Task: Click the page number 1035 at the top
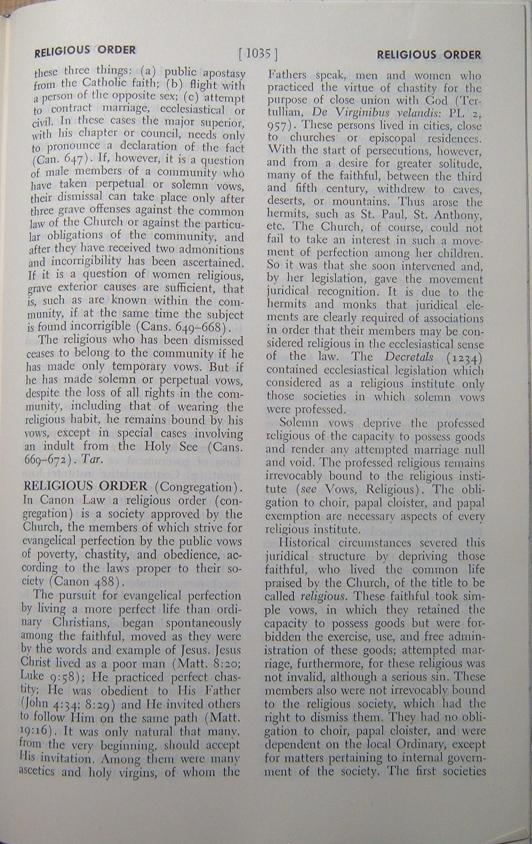point(258,53)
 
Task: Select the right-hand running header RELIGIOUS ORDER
point(428,55)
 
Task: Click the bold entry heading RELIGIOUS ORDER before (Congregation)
point(85,486)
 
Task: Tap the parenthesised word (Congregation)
point(199,487)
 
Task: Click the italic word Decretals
point(409,357)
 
